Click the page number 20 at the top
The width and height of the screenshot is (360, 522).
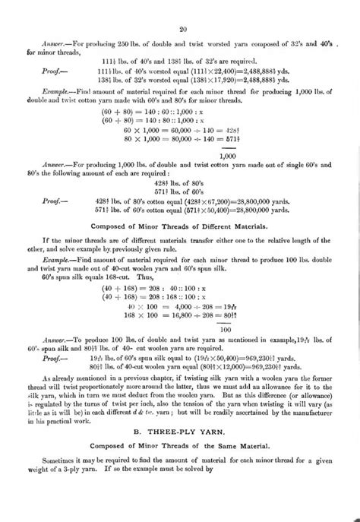pyautogui.click(x=183, y=30)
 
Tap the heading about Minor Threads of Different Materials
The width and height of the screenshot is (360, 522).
pyautogui.click(x=183, y=226)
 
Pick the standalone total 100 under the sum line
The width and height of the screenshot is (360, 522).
pyautogui.click(x=226, y=330)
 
